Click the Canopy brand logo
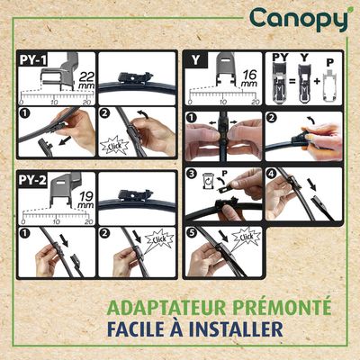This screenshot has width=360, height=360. [299, 20]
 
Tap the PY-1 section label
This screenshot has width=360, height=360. [33, 59]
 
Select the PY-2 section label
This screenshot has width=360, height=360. [32, 180]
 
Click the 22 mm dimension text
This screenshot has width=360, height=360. [86, 80]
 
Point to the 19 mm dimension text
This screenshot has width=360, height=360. [86, 200]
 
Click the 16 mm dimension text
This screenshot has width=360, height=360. [249, 78]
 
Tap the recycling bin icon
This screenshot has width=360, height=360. [208, 181]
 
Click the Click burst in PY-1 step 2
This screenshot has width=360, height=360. [114, 146]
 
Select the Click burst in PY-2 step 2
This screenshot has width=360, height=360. [159, 238]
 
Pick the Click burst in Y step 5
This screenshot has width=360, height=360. [247, 237]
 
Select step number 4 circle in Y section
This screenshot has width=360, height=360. [271, 175]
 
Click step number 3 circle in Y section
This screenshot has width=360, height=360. [192, 175]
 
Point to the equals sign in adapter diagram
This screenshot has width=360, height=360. [292, 81]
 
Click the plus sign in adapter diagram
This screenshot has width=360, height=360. [318, 81]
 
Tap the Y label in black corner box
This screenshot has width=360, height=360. [195, 59]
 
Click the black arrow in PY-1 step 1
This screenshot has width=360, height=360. [65, 140]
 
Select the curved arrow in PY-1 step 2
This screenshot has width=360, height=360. [143, 114]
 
